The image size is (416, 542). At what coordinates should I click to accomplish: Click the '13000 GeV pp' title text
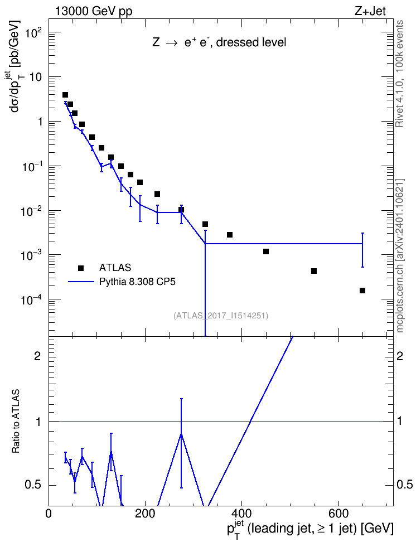[x=93, y=11]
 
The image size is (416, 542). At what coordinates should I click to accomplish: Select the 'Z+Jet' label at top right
[x=370, y=11]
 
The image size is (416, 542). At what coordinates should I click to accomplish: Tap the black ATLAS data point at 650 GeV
[x=362, y=291]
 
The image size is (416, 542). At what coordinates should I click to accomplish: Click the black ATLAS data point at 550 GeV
[x=314, y=271]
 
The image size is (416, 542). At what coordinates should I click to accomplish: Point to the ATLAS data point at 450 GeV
[x=266, y=251]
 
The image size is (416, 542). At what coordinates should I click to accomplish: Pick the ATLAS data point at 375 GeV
[x=230, y=235]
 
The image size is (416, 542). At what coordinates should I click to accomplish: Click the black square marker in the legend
[x=81, y=268]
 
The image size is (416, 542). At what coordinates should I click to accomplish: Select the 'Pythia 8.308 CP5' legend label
[x=137, y=282]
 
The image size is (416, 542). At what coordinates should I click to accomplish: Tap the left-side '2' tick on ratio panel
[x=37, y=356]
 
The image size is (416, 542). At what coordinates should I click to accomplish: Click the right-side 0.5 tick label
[x=404, y=485]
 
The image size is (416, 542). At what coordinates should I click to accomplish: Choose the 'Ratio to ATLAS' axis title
[x=16, y=422]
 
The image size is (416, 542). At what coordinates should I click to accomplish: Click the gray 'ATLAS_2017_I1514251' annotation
[x=221, y=316]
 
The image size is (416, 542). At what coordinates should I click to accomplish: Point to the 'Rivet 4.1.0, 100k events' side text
[x=399, y=74]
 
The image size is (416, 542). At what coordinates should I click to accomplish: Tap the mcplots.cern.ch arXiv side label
[x=400, y=256]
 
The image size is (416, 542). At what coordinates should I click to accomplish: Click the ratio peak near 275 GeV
[x=181, y=434]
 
